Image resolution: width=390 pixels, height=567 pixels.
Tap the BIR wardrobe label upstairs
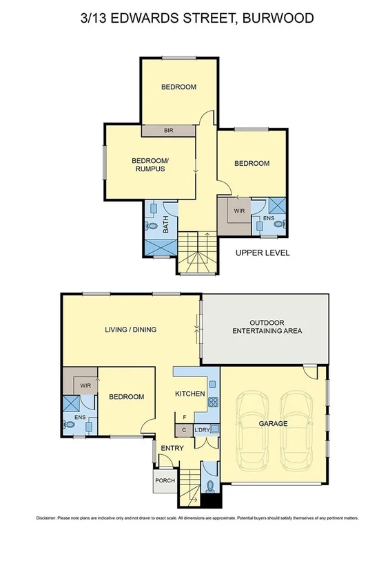(x=168, y=130)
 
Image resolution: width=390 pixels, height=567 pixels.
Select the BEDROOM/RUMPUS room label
(x=150, y=165)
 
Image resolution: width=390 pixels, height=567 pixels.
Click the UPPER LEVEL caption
(x=263, y=253)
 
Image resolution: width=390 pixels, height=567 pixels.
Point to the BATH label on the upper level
(x=165, y=224)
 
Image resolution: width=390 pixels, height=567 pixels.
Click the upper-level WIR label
(x=239, y=211)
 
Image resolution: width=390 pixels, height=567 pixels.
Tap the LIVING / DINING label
(x=130, y=330)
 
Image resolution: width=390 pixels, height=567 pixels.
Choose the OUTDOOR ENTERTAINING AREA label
(x=266, y=327)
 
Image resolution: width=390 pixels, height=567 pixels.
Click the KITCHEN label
(x=189, y=394)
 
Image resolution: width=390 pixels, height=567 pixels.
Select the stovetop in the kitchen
(x=213, y=404)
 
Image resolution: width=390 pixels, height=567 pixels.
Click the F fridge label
(x=184, y=417)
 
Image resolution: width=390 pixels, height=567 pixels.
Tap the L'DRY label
(x=202, y=431)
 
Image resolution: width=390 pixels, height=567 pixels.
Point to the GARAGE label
(x=274, y=423)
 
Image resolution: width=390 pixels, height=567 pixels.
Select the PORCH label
(x=165, y=480)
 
